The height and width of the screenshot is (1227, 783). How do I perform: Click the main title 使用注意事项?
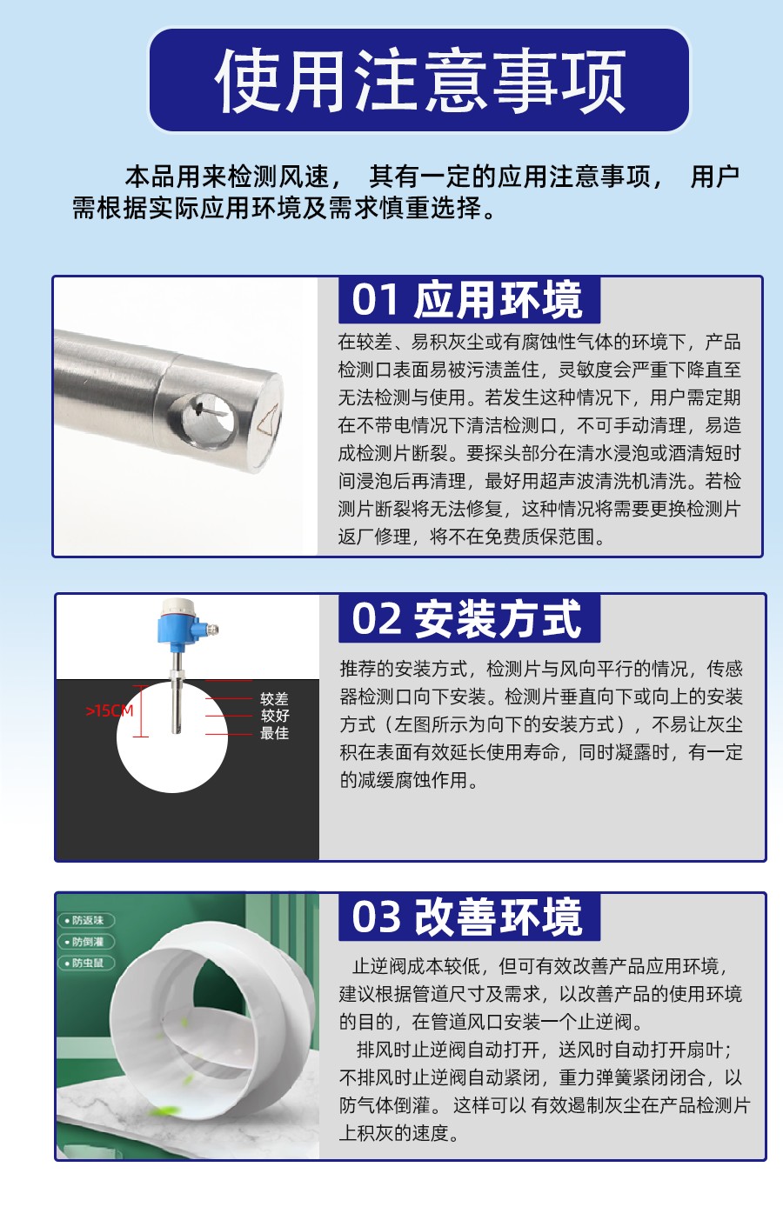419,81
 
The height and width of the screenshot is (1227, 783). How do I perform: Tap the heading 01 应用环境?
467,300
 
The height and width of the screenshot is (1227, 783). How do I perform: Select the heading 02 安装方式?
466,619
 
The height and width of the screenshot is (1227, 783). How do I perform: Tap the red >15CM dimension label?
109,711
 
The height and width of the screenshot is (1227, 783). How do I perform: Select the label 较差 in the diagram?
275,699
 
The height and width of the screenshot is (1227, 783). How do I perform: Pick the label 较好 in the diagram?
275,716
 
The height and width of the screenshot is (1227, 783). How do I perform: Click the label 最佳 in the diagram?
275,733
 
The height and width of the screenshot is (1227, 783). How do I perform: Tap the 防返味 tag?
87,920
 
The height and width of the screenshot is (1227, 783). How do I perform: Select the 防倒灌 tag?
87,942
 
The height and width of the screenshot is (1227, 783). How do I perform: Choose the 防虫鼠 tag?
87,963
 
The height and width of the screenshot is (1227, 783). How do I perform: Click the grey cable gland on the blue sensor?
212,630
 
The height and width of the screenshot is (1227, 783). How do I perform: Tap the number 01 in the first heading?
375,300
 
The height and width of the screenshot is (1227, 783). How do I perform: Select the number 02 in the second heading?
376,619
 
